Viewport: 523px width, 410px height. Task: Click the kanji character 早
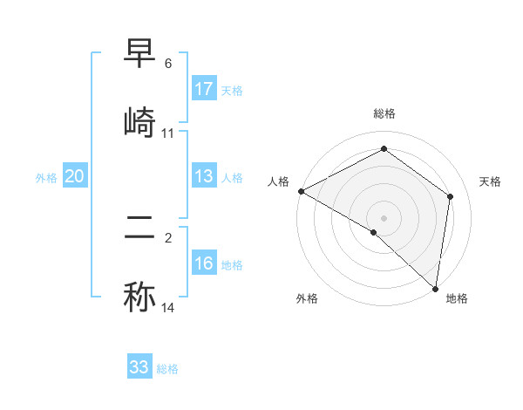pos(139,58)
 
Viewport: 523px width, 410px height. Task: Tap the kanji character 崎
pos(139,122)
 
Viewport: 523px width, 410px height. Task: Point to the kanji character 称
pos(139,297)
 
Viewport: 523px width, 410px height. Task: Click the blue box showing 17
pos(204,89)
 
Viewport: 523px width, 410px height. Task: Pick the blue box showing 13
pos(204,177)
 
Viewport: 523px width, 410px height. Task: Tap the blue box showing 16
pos(204,264)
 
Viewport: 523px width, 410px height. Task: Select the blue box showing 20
pos(75,177)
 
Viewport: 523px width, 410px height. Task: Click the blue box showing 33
pos(139,367)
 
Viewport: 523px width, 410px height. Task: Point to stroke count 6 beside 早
pos(168,64)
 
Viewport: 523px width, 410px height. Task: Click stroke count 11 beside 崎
pos(168,133)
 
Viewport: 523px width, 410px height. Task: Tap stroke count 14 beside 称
pos(168,308)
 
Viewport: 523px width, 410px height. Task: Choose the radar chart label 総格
pos(384,113)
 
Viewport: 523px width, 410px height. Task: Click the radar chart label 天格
pos(491,181)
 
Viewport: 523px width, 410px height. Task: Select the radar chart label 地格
pos(457,298)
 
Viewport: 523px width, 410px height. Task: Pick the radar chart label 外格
pos(307,298)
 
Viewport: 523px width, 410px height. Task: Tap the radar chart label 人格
pos(279,181)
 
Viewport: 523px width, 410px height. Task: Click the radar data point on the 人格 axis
pos(301,191)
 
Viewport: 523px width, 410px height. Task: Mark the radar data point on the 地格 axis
pos(435,287)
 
